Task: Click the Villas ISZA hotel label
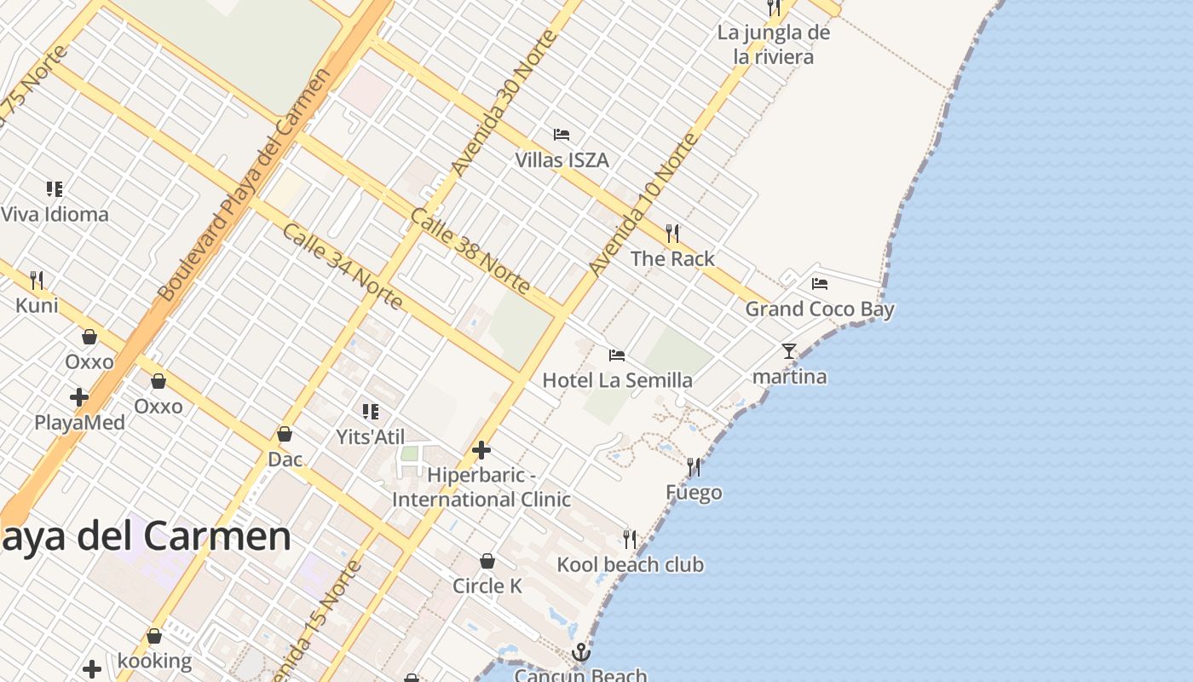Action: [x=562, y=160]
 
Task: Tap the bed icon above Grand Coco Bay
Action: [x=820, y=284]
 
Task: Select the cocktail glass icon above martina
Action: [x=789, y=350]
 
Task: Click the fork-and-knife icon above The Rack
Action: [x=672, y=233]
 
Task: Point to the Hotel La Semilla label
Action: [x=617, y=380]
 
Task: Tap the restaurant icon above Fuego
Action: [x=694, y=467]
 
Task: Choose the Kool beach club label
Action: [x=630, y=564]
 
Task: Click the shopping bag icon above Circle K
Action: [x=487, y=561]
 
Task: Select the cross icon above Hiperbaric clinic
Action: [x=481, y=449]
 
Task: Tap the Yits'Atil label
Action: [x=370, y=437]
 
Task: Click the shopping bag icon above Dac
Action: [x=285, y=435]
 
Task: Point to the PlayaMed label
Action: [x=79, y=423]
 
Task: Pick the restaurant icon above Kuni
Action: [x=37, y=280]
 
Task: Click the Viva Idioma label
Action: [x=55, y=214]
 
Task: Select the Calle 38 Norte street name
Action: [x=470, y=250]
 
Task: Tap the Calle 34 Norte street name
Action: [x=342, y=266]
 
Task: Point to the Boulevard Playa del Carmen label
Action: [x=244, y=185]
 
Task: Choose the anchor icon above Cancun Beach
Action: [x=580, y=653]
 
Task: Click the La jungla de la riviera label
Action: [x=774, y=44]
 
